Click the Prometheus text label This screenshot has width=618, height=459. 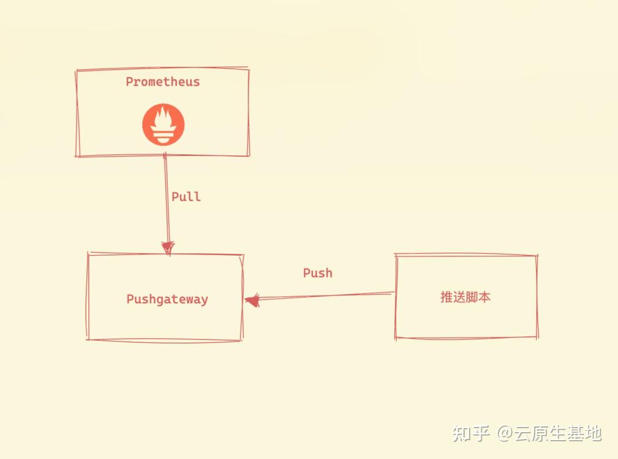click(x=163, y=82)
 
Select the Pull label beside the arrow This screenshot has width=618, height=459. click(x=186, y=197)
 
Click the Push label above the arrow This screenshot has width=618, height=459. click(x=318, y=273)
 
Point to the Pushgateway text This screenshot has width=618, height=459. click(x=167, y=300)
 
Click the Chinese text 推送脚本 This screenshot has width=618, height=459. click(x=465, y=297)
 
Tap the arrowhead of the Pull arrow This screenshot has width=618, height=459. click(x=168, y=248)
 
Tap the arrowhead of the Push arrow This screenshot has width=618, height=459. click(x=252, y=300)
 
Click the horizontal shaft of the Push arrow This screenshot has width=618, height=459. click(x=326, y=296)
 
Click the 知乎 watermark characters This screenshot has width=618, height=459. click(x=471, y=433)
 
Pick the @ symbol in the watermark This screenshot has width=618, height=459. click(x=505, y=433)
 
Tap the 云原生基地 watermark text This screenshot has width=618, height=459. click(x=558, y=433)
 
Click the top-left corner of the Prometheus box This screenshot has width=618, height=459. click(x=77, y=71)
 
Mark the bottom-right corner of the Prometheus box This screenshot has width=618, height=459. click(x=248, y=155)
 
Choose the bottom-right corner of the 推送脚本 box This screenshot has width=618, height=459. click(x=536, y=338)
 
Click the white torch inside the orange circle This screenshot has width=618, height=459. click(x=164, y=124)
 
